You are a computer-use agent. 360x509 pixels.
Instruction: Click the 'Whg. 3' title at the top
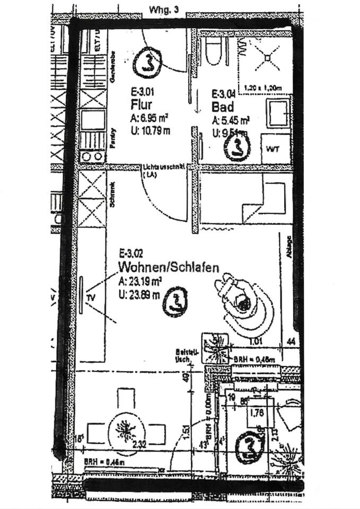tap(164, 10)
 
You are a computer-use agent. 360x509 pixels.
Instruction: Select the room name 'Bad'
tap(223, 108)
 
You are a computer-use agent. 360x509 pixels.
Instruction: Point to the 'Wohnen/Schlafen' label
tap(169, 268)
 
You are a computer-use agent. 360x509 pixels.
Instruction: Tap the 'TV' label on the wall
tap(91, 298)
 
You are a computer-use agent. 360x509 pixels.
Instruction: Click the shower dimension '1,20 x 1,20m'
tap(264, 88)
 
